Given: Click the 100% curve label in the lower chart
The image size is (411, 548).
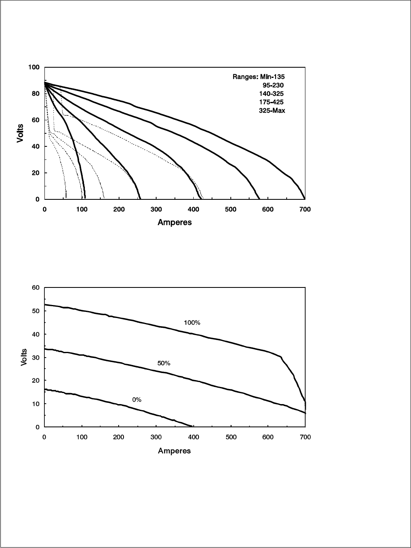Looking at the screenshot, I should [192, 323].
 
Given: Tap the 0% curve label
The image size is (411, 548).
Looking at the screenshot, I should [137, 400].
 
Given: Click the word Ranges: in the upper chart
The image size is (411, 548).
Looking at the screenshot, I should [245, 77].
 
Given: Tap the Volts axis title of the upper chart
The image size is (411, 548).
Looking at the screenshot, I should [20, 133].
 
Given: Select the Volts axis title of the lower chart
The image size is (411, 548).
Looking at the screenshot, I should [24, 357].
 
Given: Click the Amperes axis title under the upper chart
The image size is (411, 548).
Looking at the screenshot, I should [175, 223].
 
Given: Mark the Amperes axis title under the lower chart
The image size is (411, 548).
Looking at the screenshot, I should [175, 451].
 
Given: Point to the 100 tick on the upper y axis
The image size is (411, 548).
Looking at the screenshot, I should [34, 67].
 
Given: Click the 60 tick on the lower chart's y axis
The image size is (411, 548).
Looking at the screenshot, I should [36, 288].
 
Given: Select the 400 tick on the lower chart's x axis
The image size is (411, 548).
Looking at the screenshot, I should [193, 438].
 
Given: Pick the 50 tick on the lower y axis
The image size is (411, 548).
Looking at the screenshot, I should [36, 311].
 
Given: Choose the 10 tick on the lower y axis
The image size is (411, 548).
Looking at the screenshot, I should [36, 404].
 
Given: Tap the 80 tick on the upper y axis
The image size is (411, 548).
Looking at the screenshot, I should [35, 93].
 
